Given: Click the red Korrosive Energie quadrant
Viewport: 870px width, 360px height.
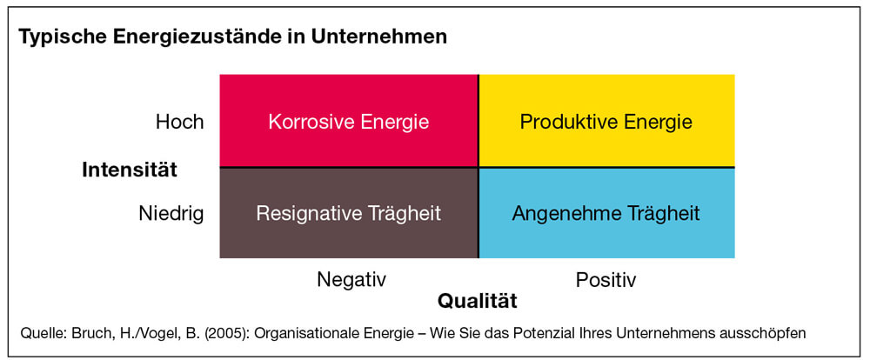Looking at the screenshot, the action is pos(349,120).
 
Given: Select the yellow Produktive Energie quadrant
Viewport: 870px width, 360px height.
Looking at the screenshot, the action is pos(606,120).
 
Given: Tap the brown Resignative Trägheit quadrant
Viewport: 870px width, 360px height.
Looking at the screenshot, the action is pos(349,213).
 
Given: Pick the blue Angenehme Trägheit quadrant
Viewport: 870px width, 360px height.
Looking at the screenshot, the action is pos(606,213).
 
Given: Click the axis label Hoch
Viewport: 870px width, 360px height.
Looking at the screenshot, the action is pos(180,122).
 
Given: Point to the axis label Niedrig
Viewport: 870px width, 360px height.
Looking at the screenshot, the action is pos(171,214).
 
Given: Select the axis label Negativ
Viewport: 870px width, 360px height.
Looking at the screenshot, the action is pos(351,279).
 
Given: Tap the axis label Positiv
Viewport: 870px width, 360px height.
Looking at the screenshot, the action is pos(606,280).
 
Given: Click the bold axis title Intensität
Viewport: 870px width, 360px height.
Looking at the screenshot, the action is pos(130,170).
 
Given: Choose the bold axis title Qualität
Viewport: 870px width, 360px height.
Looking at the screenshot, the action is pos(477,301).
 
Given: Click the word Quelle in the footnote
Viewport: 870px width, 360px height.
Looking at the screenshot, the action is pos(38,334).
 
